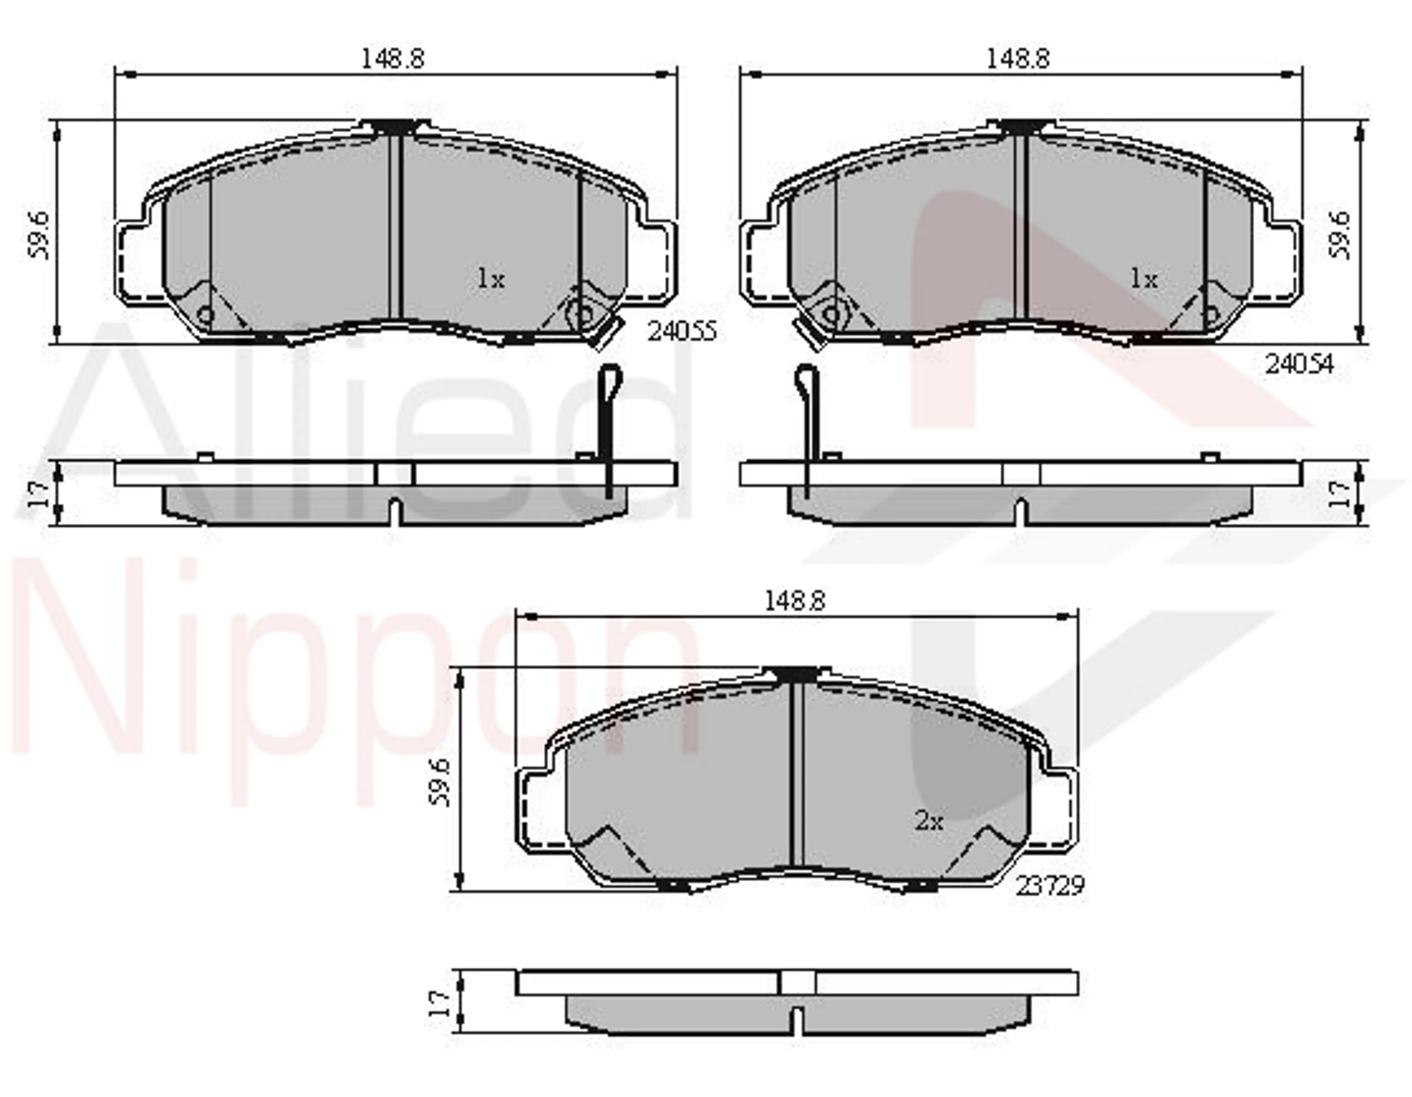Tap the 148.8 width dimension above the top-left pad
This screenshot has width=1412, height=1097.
coord(392,60)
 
